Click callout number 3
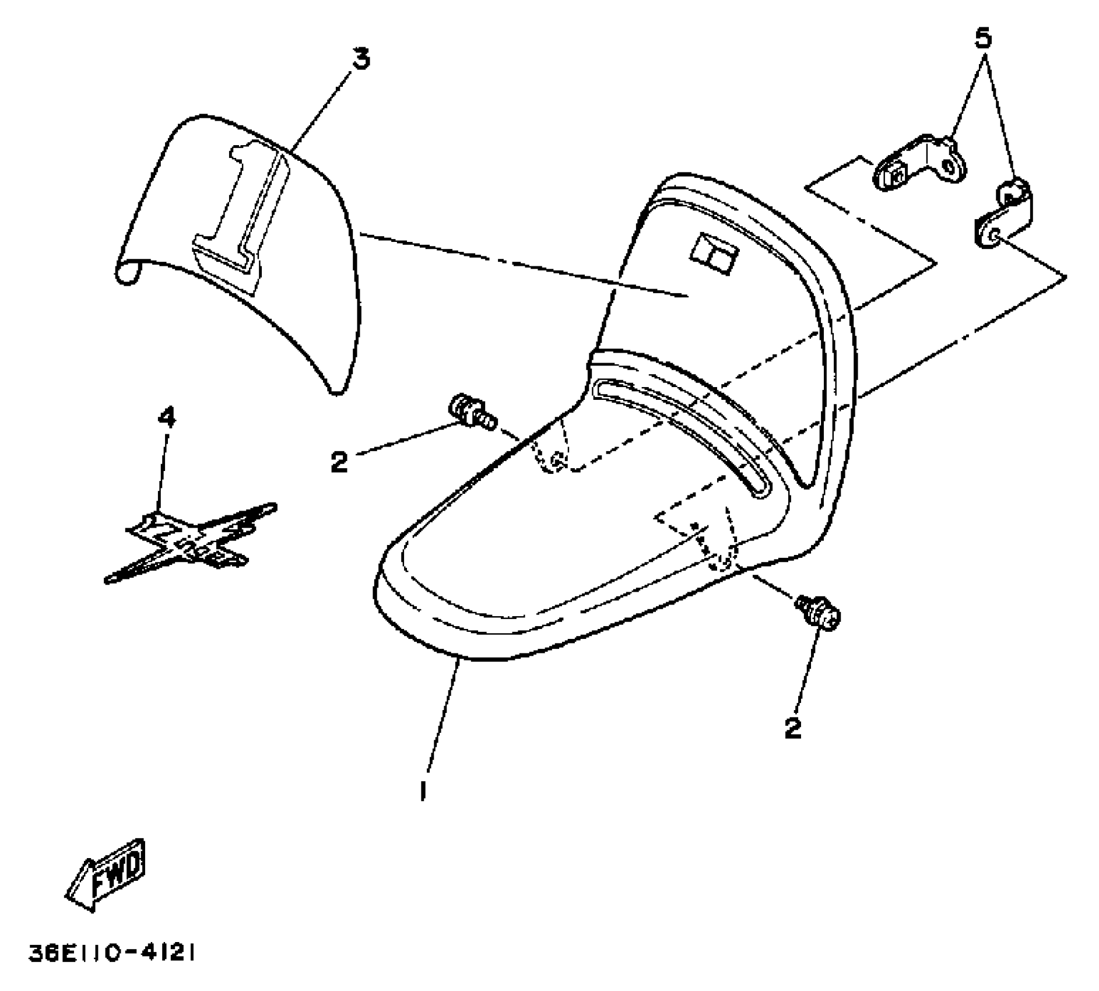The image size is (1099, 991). (361, 60)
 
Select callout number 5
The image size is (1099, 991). (982, 38)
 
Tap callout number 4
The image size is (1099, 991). (167, 417)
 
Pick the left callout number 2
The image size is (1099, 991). (339, 462)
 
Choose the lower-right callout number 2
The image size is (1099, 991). (792, 727)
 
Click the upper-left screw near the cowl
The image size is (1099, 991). (472, 412)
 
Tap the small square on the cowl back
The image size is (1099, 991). (714, 253)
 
